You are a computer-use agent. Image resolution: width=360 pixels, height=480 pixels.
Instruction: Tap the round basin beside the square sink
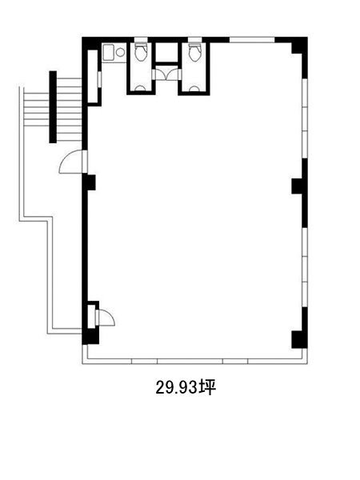pos(120,52)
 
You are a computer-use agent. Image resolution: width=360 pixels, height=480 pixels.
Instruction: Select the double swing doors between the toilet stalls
pos(166,74)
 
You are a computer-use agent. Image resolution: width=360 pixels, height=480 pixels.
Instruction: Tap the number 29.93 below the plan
pos(176,388)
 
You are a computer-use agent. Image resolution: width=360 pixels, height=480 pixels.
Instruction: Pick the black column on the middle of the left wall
pos(89,182)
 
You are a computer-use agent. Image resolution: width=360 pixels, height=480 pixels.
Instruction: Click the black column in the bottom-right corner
pos(299,339)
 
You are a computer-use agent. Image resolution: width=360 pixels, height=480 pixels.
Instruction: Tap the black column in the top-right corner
pos(299,46)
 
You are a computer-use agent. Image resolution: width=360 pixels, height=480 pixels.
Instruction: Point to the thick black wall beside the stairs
pos(53,107)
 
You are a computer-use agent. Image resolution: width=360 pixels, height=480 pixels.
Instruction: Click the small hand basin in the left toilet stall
pos(141,89)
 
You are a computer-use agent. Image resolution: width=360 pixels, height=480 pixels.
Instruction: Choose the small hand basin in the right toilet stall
pos(194,89)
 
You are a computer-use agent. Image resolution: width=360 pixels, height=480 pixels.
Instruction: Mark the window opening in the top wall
pos(252,40)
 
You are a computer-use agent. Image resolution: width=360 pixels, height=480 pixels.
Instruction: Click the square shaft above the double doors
pos(166,52)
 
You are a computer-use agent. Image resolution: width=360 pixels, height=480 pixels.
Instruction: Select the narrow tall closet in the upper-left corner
pos(93,77)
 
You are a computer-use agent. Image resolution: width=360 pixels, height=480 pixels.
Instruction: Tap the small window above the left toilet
pos(141,39)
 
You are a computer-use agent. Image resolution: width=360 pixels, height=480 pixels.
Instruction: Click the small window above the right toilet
pos(194,39)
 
